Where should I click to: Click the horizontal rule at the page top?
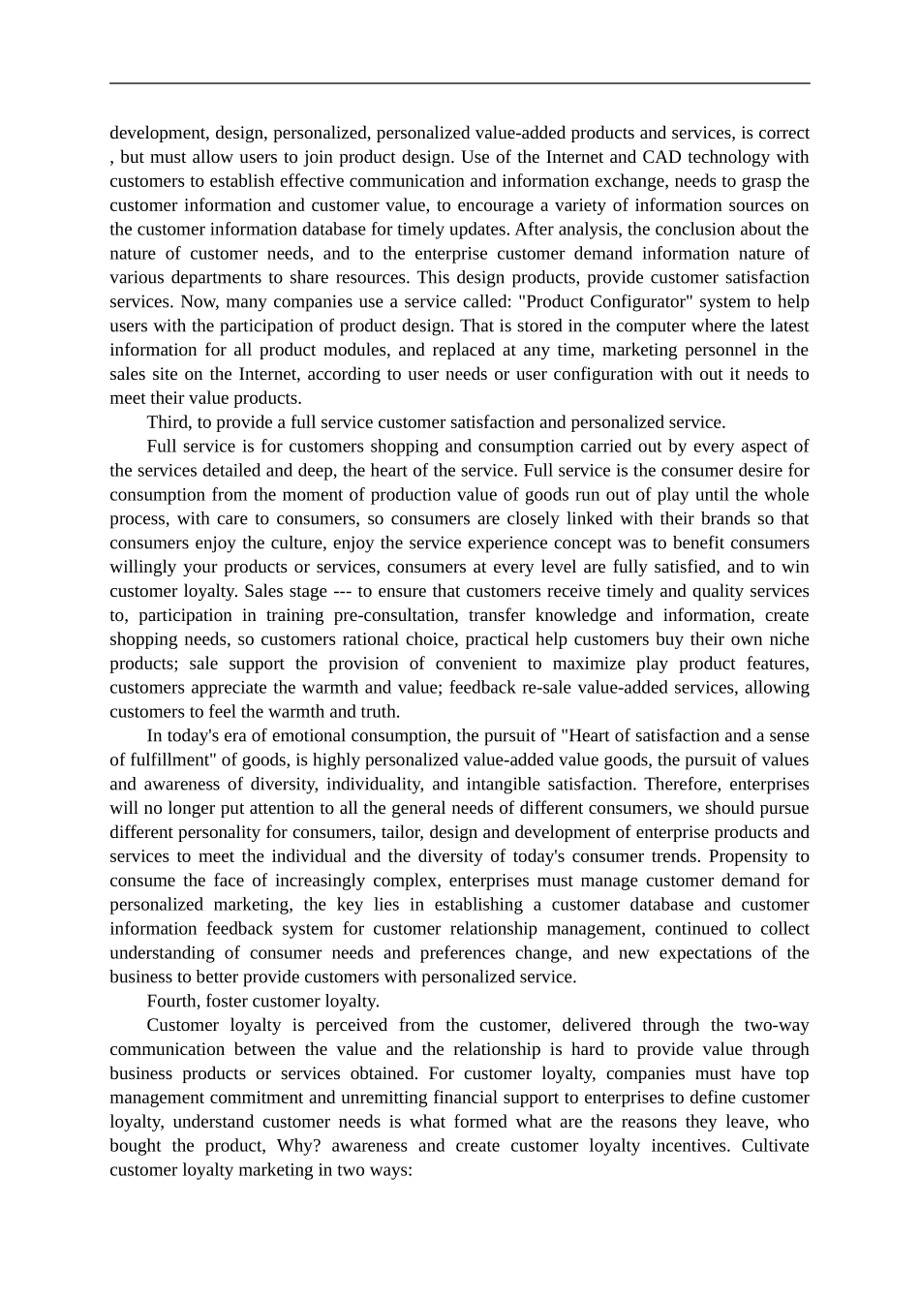(x=460, y=83)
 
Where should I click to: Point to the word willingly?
(x=145, y=567)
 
